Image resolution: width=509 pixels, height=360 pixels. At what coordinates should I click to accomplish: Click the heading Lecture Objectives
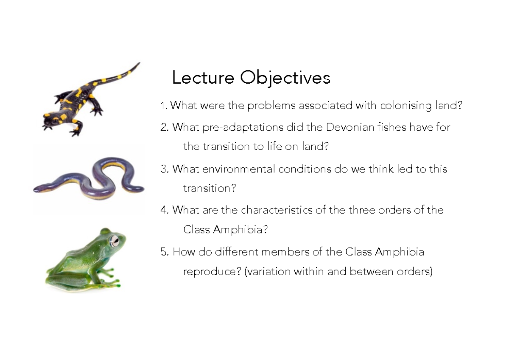(251, 78)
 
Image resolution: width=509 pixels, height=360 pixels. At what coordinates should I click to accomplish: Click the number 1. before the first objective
(164, 106)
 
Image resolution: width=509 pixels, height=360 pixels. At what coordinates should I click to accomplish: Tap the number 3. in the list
(165, 169)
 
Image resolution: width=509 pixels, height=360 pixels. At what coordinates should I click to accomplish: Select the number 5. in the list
(165, 252)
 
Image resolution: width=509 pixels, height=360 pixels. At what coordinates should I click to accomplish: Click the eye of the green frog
(115, 241)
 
